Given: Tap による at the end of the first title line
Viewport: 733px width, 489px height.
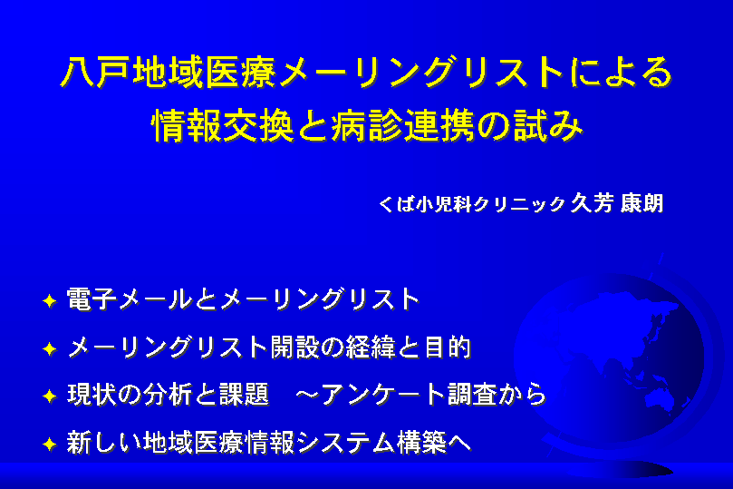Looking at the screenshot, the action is pyautogui.click(x=621, y=73).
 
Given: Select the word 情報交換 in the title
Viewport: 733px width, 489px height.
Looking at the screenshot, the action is pyautogui.click(x=223, y=126).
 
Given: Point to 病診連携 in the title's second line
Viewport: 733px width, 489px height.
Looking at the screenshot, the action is pyautogui.click(x=402, y=126).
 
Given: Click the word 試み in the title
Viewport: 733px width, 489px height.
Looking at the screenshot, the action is pyautogui.click(x=548, y=126).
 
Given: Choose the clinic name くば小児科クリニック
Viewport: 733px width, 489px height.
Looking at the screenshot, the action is pyautogui.click(x=471, y=203).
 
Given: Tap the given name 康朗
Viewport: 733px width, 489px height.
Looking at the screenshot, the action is pyautogui.click(x=641, y=203).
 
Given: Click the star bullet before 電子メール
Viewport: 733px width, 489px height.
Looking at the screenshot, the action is pyautogui.click(x=50, y=300).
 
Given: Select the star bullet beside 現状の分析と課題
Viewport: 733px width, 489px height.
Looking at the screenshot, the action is pyautogui.click(x=50, y=396).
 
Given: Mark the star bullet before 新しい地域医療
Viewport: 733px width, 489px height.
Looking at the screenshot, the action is pyautogui.click(x=50, y=444).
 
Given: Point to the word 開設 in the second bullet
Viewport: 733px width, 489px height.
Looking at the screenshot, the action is pyautogui.click(x=294, y=347).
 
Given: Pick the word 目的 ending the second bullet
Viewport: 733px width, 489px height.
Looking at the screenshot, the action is pyautogui.click(x=447, y=347).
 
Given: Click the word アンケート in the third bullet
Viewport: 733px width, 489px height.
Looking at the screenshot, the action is pyautogui.click(x=383, y=395).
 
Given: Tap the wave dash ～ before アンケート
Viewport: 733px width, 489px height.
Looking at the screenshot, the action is pyautogui.click(x=307, y=396).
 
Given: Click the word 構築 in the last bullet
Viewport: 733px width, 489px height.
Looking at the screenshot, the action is pyautogui.click(x=420, y=443).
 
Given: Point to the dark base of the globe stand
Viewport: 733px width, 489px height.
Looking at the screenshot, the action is pyautogui.click(x=645, y=470).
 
